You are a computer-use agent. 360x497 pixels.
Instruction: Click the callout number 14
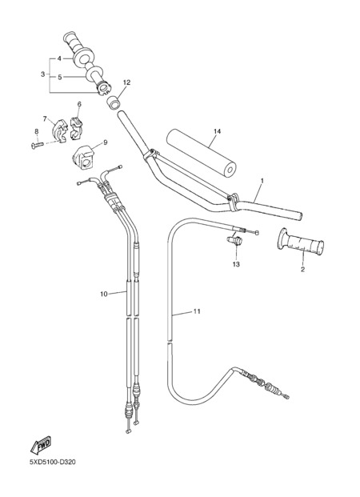[217, 131]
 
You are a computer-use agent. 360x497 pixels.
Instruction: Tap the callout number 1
[262, 181]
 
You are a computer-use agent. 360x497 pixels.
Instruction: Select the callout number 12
[126, 82]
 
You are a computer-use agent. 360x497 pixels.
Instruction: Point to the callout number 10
[104, 295]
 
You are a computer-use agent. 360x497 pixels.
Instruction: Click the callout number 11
[197, 311]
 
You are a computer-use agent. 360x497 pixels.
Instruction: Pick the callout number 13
[236, 264]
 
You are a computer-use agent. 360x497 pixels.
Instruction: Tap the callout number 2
[302, 270]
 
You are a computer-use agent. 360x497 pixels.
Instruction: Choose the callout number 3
[42, 74]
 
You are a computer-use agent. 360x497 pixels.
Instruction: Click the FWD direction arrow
[41, 445]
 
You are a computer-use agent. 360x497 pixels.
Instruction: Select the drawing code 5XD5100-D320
[53, 462]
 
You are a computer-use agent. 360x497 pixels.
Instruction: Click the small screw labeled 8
[38, 145]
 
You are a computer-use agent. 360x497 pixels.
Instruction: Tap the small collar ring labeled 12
[113, 103]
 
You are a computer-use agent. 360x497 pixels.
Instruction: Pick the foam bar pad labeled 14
[202, 152]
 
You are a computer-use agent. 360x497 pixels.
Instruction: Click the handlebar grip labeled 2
[301, 243]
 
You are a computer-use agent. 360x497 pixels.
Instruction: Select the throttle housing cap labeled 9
[84, 158]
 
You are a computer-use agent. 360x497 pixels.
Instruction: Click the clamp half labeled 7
[59, 129]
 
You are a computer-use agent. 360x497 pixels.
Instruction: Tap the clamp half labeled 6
[76, 128]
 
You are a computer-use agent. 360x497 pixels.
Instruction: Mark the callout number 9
[106, 142]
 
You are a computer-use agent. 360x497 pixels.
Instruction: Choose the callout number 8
[37, 131]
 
